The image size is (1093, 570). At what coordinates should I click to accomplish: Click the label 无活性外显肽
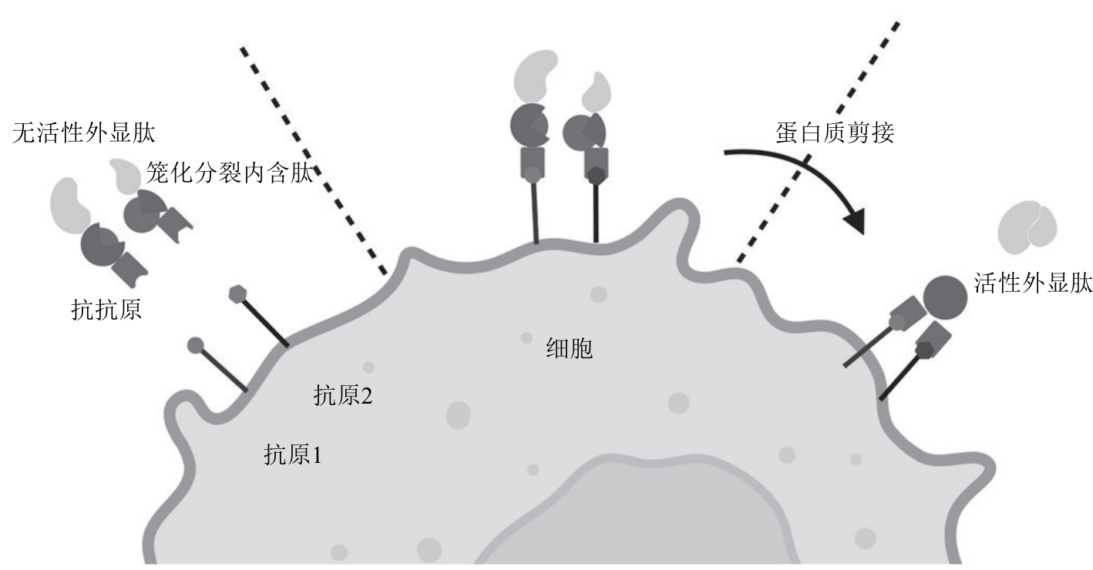(83, 132)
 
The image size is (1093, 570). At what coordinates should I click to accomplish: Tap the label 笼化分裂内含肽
(230, 173)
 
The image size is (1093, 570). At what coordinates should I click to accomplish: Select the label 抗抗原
(106, 310)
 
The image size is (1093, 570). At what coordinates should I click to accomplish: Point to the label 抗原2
(343, 395)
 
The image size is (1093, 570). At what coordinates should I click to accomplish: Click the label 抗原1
(293, 455)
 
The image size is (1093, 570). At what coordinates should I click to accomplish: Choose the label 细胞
(570, 349)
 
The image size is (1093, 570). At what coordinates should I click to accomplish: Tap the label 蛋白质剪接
(835, 132)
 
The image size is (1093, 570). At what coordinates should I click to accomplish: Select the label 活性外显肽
(1033, 283)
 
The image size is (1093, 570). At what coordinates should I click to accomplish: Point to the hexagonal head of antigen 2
(237, 294)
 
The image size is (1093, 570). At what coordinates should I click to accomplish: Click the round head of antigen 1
(196, 346)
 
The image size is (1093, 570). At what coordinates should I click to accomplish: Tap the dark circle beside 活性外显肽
(945, 298)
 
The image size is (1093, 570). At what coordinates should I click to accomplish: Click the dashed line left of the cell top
(313, 161)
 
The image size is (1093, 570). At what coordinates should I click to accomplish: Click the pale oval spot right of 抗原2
(458, 415)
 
